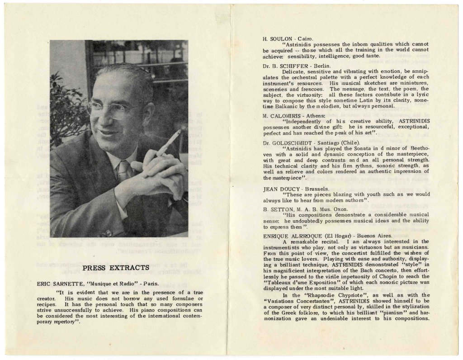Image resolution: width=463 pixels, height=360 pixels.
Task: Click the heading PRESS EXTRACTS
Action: [x=116, y=268]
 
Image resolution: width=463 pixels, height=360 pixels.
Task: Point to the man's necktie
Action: [x=123, y=171]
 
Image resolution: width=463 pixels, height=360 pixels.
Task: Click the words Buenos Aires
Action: [x=374, y=236]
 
